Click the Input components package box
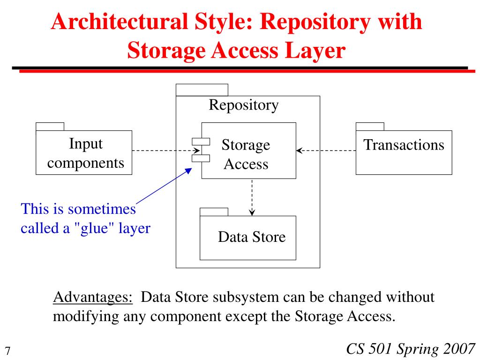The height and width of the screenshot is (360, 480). coord(84,153)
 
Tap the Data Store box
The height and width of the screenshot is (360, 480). coord(248,237)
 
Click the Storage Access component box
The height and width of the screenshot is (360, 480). coord(249,150)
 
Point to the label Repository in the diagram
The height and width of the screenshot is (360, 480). coord(243,105)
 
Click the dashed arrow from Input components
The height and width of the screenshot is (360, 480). coord(164,151)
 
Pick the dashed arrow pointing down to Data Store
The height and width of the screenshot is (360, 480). coord(252,197)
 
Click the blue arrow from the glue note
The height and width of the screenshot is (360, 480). coord(164,187)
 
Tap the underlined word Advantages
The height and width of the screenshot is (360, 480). coord(93,297)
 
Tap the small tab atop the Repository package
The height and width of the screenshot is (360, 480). coord(202,90)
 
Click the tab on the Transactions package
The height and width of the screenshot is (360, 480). coord(370,126)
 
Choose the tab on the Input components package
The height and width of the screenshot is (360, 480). coord(50,126)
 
